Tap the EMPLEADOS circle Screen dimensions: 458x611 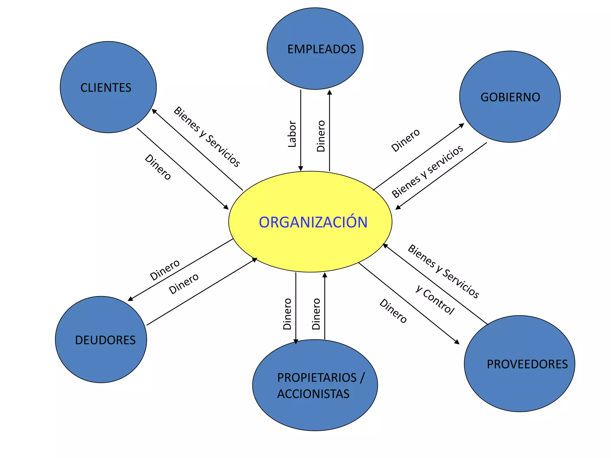pos(315,49)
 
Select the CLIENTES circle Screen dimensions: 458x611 pos(108,87)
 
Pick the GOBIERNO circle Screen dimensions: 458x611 pos(510,97)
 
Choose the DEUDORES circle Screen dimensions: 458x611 pos(101,339)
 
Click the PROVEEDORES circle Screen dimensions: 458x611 pos(519,363)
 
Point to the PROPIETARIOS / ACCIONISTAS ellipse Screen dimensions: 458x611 pos(315,385)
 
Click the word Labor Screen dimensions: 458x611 pos(292,134)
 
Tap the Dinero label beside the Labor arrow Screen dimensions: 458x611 pos(321,136)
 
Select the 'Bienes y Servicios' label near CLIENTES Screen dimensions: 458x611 pos(207,137)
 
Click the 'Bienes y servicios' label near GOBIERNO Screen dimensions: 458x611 pos(427,171)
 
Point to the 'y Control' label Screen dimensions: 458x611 pos(435,300)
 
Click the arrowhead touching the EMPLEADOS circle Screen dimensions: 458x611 pos(329,92)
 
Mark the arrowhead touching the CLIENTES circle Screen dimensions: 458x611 pos(154,111)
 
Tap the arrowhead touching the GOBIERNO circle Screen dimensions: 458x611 pos(462,125)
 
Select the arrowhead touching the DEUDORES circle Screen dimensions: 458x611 pos(130,299)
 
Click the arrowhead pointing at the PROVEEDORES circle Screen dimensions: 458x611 pos(457,342)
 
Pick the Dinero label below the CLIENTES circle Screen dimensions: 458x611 pos(158,167)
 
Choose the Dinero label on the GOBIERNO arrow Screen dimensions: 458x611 pos(405,140)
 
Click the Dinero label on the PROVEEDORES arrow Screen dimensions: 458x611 pos(393,311)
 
